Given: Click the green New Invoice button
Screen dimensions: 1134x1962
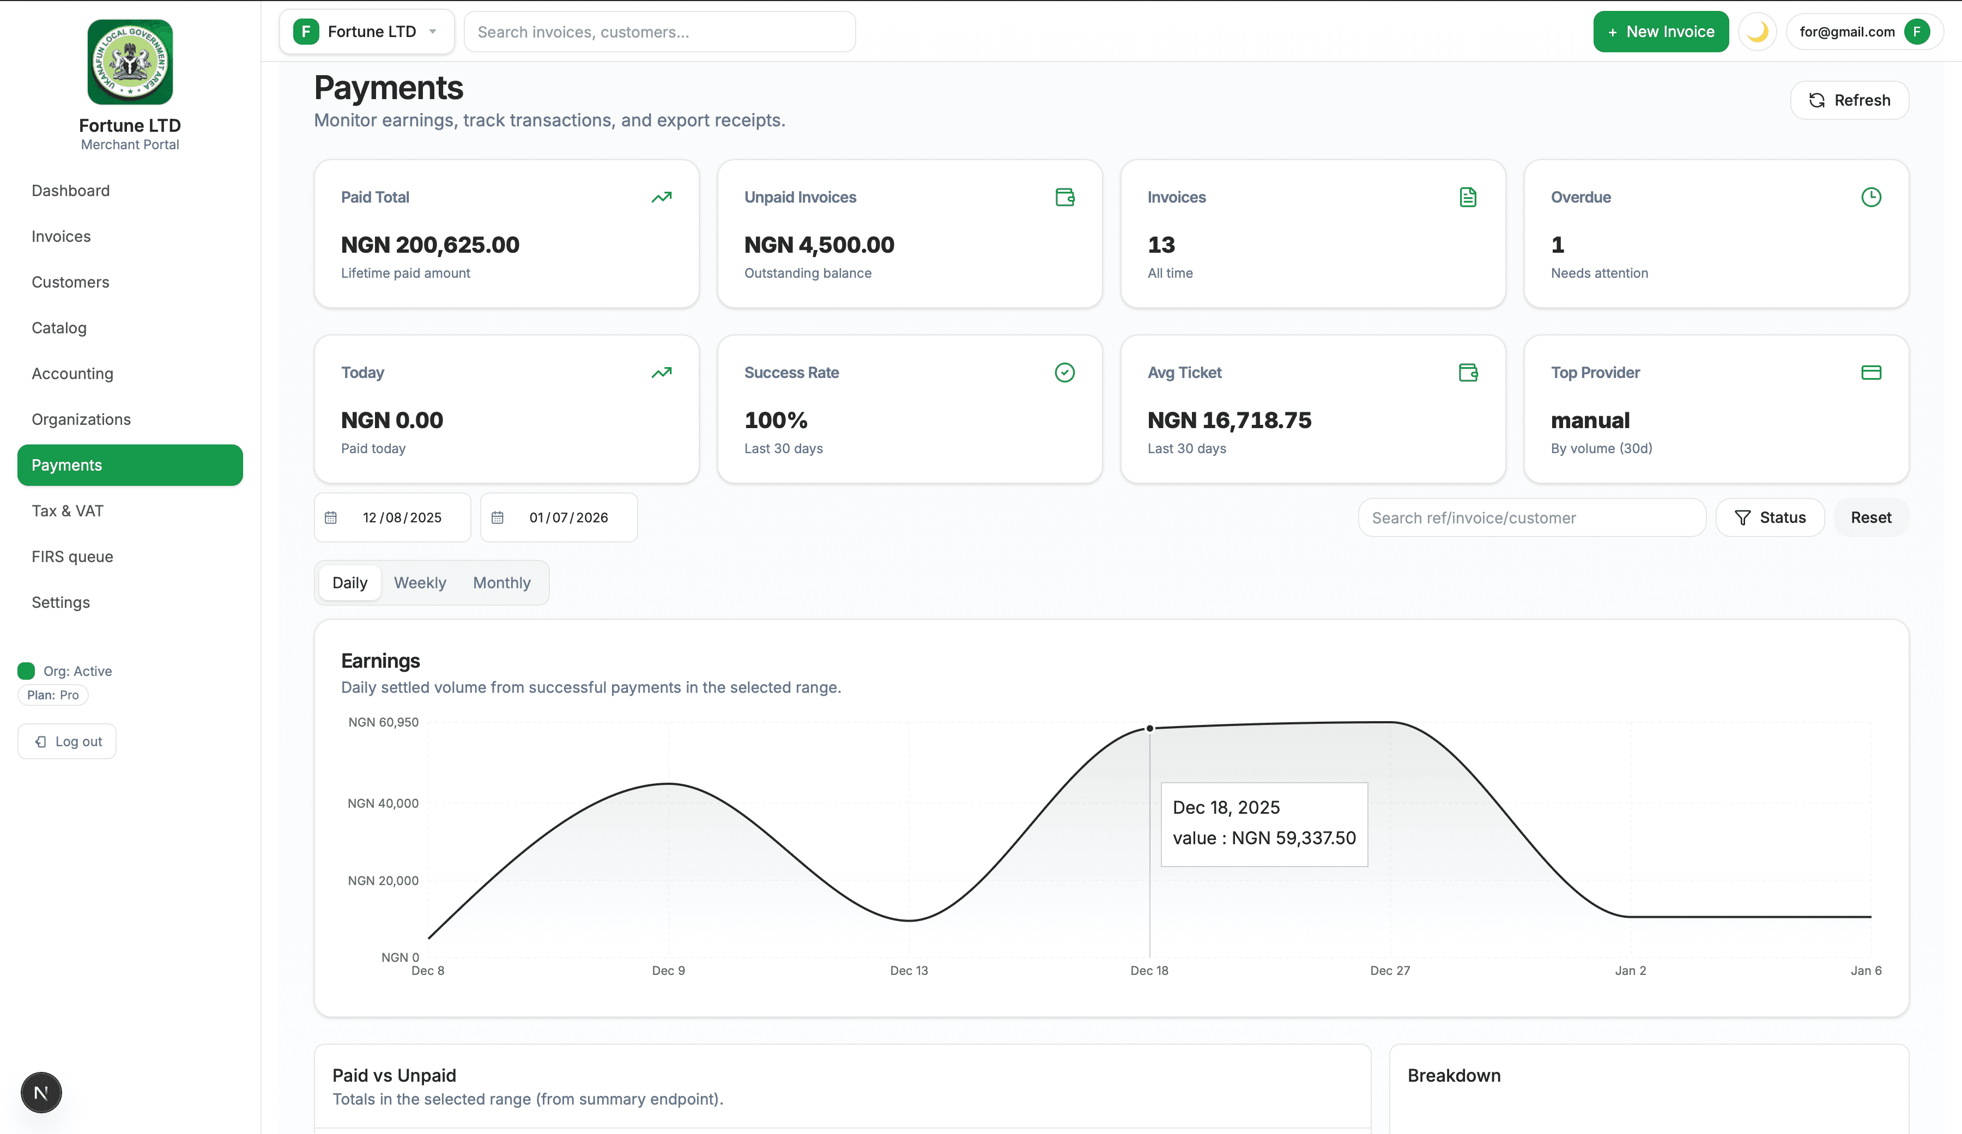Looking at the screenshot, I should coord(1660,32).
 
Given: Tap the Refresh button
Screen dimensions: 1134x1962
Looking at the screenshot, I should coord(1849,100).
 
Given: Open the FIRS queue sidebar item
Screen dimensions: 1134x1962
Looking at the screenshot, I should coord(72,557).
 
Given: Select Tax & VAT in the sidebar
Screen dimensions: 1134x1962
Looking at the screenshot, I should coord(68,510).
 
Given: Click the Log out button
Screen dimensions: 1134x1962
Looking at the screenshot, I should coord(68,742).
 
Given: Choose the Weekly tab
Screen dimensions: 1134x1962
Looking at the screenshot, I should coord(420,583).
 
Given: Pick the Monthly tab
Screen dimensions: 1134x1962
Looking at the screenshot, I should coord(501,583).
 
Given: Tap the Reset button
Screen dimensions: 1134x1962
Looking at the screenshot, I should coord(1870,517).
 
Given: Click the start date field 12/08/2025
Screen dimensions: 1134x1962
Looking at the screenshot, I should coord(402,517).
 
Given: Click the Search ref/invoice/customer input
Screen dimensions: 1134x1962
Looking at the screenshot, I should coord(1531,517).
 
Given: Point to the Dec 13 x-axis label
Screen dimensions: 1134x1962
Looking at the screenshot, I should coord(909,971).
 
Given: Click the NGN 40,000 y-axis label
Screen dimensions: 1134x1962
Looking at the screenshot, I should coord(383,803).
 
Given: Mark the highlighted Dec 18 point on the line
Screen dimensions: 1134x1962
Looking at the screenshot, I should coord(1149,729).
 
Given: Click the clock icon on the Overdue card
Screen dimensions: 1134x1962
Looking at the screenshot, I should coord(1871,198).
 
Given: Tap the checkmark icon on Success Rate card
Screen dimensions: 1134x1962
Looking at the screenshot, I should coord(1064,373).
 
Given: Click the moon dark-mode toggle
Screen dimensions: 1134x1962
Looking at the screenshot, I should coord(1757,32).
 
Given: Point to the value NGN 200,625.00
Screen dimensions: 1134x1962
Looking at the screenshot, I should coord(430,245).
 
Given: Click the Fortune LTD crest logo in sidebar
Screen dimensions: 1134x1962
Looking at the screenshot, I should coord(130,62).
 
